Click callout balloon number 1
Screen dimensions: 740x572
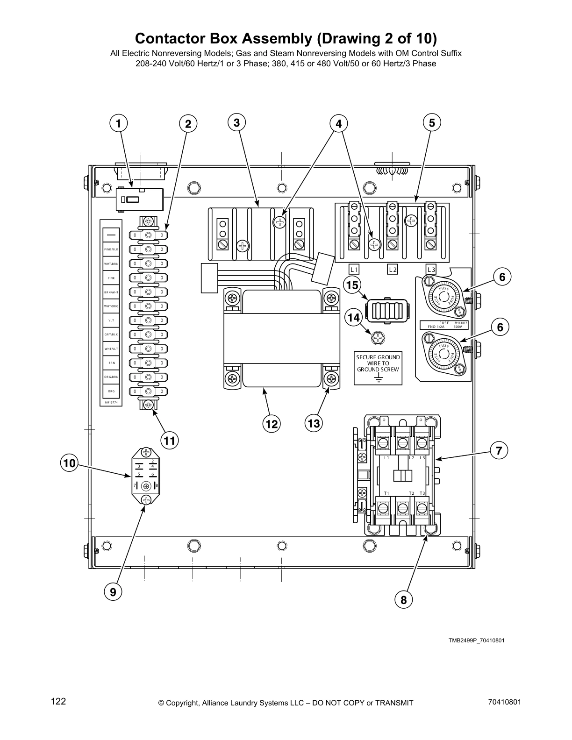119,124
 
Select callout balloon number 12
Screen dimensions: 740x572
271,424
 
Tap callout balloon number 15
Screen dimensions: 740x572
352,285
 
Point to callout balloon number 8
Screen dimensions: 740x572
404,599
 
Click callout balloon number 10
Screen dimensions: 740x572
69,463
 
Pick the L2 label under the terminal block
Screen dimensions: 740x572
393,270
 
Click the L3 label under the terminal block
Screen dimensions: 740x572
431,270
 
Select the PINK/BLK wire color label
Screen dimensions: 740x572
111,249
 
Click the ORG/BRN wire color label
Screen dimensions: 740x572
111,377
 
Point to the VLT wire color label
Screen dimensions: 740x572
111,320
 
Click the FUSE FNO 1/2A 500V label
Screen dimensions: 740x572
444,325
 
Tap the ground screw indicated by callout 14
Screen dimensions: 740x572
378,336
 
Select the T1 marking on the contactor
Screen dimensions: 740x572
386,493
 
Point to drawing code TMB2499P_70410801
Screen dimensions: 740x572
476,640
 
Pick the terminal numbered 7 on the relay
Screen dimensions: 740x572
135,486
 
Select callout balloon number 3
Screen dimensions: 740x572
237,123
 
